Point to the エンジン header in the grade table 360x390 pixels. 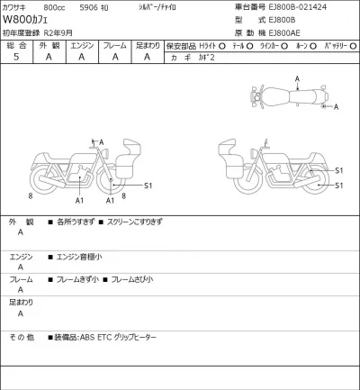pyautogui.click(x=81, y=43)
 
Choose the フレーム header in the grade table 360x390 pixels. pyautogui.click(x=114, y=43)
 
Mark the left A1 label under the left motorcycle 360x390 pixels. pyautogui.click(x=80, y=200)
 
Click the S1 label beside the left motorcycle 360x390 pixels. pyautogui.click(x=149, y=186)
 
